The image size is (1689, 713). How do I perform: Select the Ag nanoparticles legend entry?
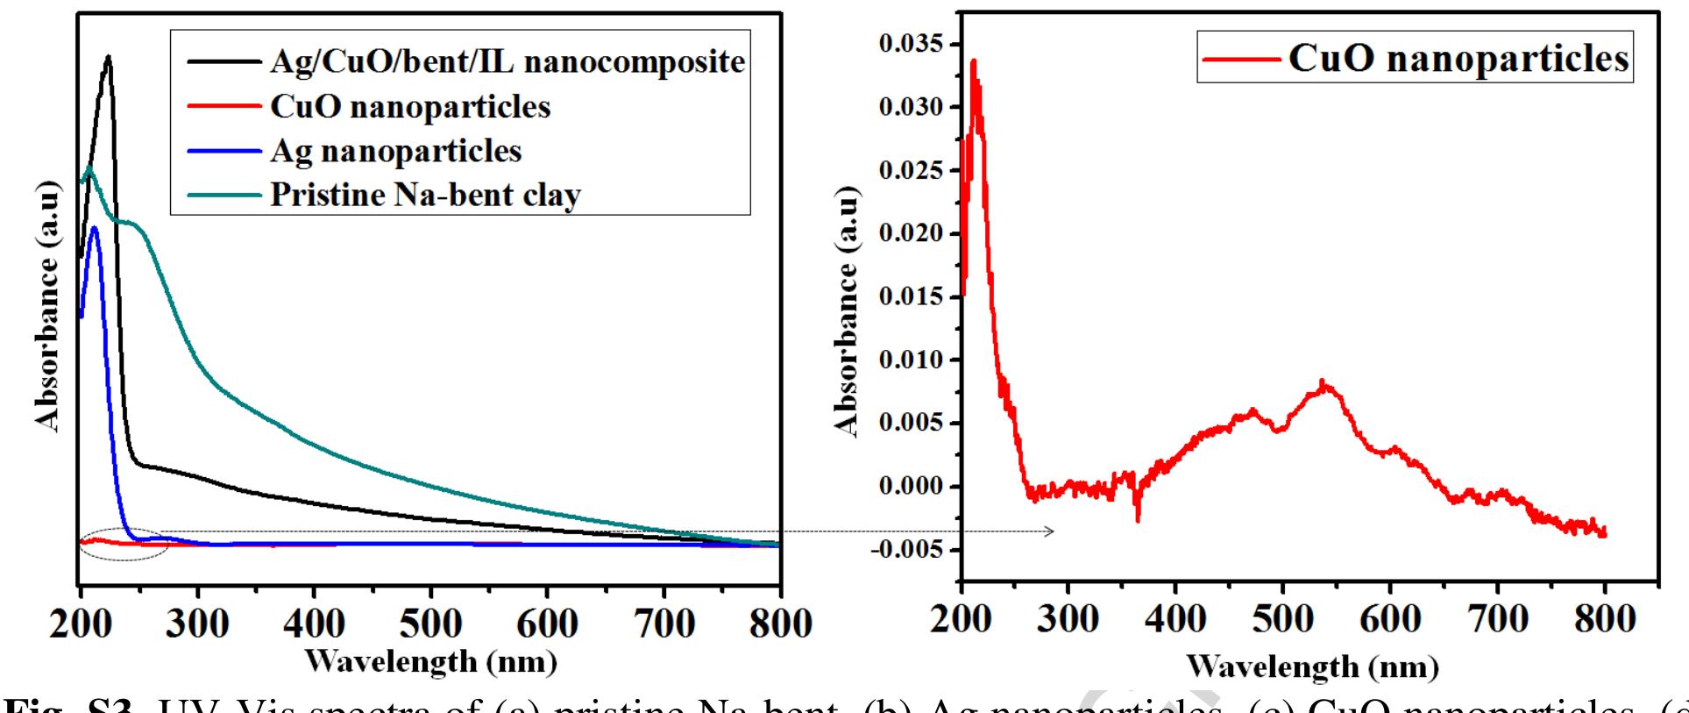coord(395,151)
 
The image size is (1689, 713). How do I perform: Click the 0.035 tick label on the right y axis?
coord(912,44)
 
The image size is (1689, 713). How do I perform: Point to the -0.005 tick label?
coord(908,550)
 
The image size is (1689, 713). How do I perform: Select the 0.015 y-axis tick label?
coord(912,296)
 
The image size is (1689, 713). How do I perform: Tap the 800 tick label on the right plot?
coord(1604,619)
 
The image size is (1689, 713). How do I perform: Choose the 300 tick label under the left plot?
coord(198,624)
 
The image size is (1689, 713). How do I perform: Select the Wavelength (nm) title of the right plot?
coord(1312,667)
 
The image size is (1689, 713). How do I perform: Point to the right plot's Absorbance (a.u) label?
coord(846,311)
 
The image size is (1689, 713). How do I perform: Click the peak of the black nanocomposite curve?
coord(108,58)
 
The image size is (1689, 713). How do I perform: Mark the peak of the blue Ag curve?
coord(95,229)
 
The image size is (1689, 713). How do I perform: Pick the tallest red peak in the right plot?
coord(973,61)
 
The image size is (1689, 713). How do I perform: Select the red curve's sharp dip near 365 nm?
coord(1138,519)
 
